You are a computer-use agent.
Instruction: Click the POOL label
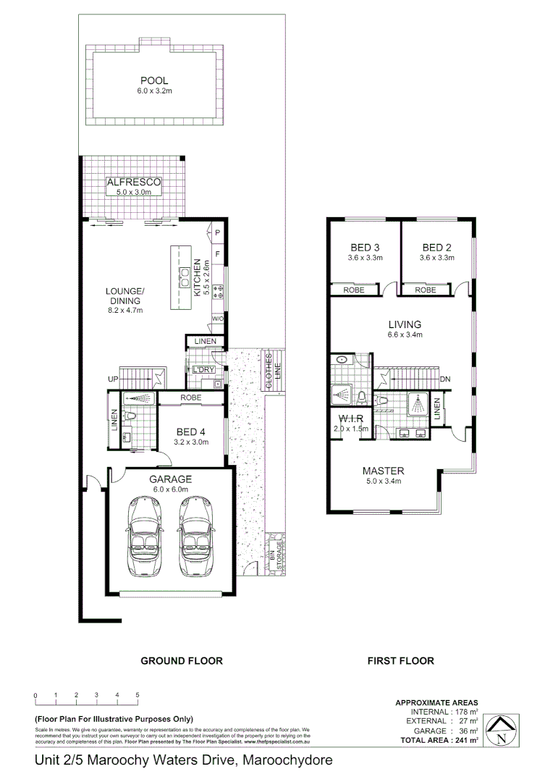[x=154, y=80]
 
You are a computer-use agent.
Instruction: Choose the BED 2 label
[x=437, y=248]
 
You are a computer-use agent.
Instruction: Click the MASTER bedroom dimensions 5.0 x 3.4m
[x=383, y=481]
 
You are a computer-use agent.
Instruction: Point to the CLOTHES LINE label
[x=271, y=371]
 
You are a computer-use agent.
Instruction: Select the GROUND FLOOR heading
[x=181, y=660]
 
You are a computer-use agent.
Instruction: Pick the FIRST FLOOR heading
[x=400, y=660]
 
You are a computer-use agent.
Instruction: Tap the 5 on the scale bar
[x=138, y=695]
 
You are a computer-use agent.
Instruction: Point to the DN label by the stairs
[x=446, y=379]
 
